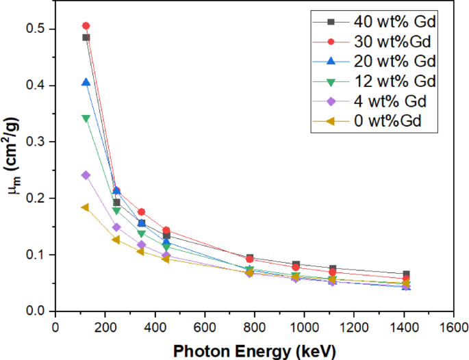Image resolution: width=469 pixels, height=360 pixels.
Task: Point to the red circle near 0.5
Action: pos(86,26)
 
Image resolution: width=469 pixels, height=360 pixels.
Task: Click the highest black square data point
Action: pos(86,38)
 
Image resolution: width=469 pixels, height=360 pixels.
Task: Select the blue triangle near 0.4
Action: pos(86,82)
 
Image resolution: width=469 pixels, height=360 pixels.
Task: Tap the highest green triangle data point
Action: pos(86,118)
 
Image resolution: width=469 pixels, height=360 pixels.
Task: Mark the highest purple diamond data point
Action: pos(86,175)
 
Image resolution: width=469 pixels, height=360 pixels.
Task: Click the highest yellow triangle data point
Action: pos(85,207)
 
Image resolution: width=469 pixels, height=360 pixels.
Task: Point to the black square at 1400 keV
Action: pos(406,274)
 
